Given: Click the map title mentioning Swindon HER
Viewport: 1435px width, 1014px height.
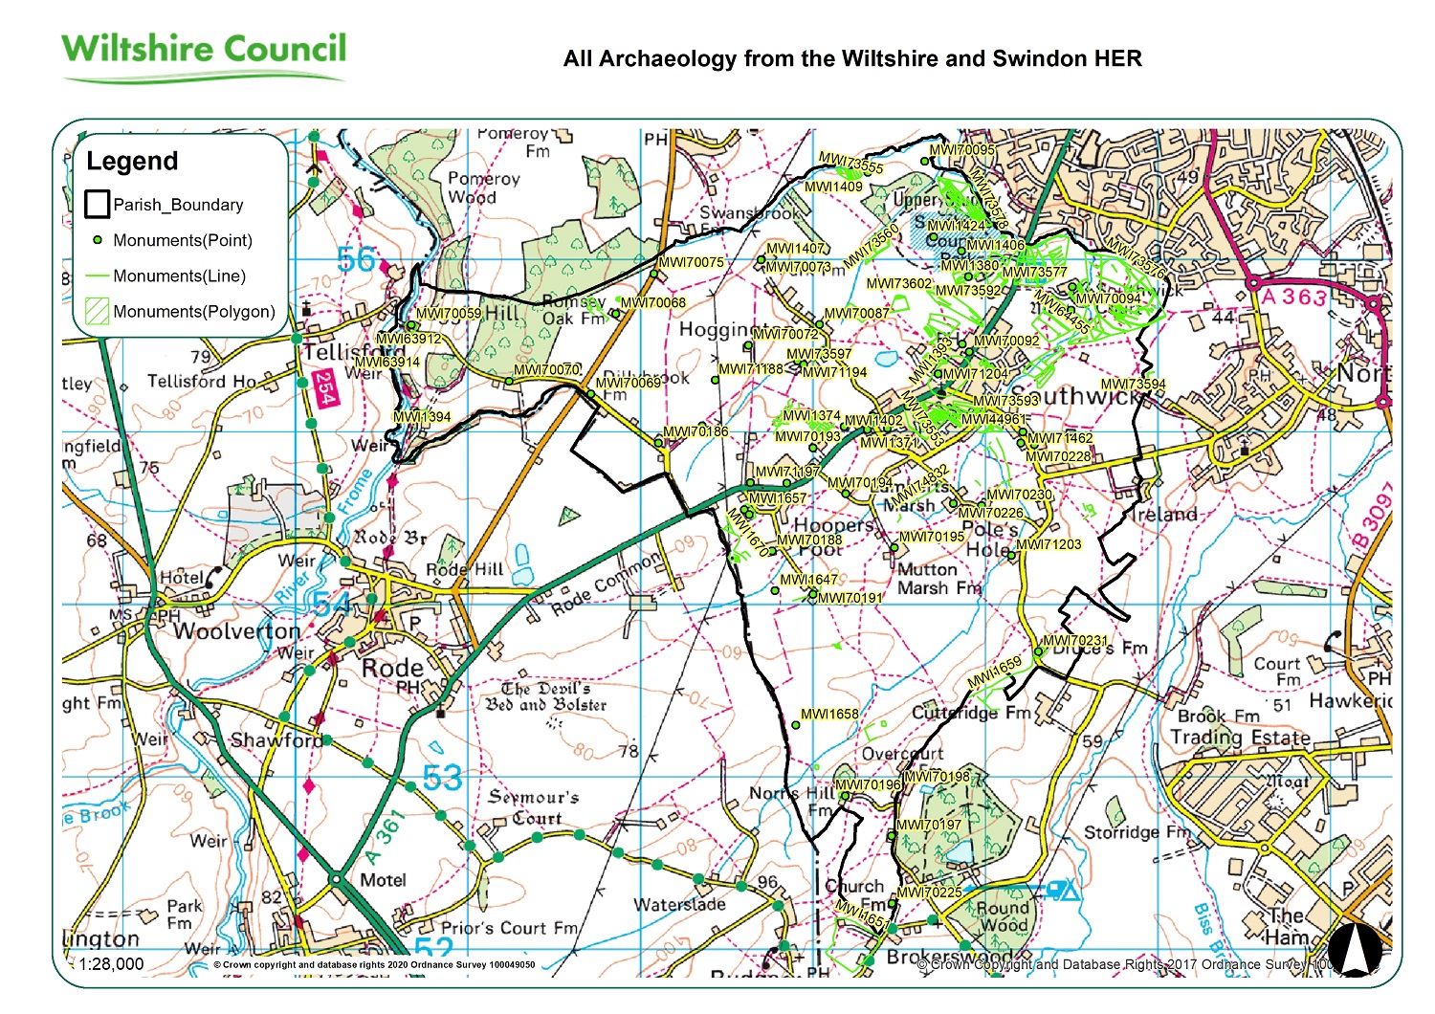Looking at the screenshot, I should point(851,59).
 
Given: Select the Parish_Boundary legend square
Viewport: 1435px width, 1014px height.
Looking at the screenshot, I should point(97,205).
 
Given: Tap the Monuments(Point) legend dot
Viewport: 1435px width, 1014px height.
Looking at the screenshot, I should point(97,240).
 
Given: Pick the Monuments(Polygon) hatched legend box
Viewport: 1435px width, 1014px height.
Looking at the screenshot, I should point(97,311).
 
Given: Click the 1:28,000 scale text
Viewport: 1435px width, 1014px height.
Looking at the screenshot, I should point(111,964).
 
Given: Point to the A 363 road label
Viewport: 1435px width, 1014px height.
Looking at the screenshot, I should point(1293,297).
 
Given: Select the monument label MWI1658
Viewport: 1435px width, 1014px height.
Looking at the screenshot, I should point(829,715).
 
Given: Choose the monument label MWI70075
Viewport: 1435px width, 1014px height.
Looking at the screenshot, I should point(691,262).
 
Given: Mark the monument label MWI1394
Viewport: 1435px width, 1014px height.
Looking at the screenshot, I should point(422,417).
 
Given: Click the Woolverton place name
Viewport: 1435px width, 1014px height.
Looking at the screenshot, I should point(236,632).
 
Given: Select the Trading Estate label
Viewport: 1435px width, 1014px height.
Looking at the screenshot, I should point(1241,738).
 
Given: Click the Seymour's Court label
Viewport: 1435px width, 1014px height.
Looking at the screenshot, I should point(534,807).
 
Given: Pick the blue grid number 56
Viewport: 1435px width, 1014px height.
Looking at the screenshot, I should point(357,259).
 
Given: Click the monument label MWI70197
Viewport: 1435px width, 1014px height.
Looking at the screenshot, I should point(928,825).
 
